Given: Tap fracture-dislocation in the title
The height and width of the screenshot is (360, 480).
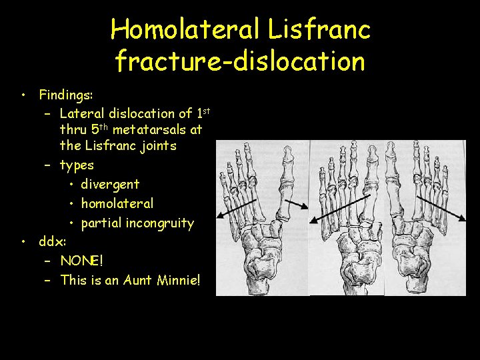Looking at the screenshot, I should coord(240,61).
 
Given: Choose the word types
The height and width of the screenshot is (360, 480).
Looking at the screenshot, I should coord(77,165).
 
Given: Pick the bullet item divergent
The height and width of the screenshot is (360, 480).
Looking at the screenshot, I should coord(110,183).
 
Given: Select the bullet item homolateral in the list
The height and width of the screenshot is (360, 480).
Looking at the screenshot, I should coord(117,203).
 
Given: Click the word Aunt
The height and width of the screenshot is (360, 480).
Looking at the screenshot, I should coord(138,279).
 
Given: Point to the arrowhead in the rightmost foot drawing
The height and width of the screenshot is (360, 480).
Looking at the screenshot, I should coord(463,218).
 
